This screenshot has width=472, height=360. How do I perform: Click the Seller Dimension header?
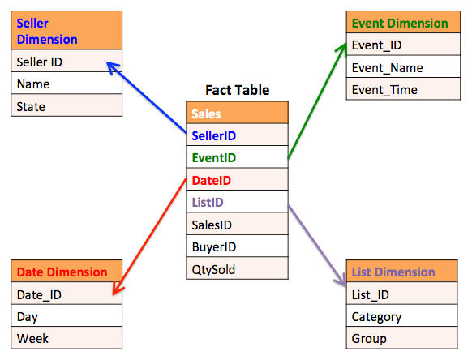67,30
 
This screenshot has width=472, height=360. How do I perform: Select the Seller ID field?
67,61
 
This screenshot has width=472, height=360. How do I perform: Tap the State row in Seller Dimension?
67,105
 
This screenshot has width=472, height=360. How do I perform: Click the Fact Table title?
237,90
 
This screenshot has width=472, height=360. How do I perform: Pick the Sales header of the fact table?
237,113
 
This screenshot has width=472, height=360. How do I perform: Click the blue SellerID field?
237,135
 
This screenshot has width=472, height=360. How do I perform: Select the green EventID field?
237,157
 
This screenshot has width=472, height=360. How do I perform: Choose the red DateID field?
237,179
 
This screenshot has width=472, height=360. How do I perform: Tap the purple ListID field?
237,202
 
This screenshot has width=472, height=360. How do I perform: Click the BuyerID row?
237,246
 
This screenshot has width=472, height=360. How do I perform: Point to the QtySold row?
237,268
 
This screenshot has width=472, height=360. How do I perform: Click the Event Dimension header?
403,22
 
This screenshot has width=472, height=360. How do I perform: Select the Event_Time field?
403,89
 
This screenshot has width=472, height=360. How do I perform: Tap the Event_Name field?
403,66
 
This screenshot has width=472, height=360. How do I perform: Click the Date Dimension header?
67,271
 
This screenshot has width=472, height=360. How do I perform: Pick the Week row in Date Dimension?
67,338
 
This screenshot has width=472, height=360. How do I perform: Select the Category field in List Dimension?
402,315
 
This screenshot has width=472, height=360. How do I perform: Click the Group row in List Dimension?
402,338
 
